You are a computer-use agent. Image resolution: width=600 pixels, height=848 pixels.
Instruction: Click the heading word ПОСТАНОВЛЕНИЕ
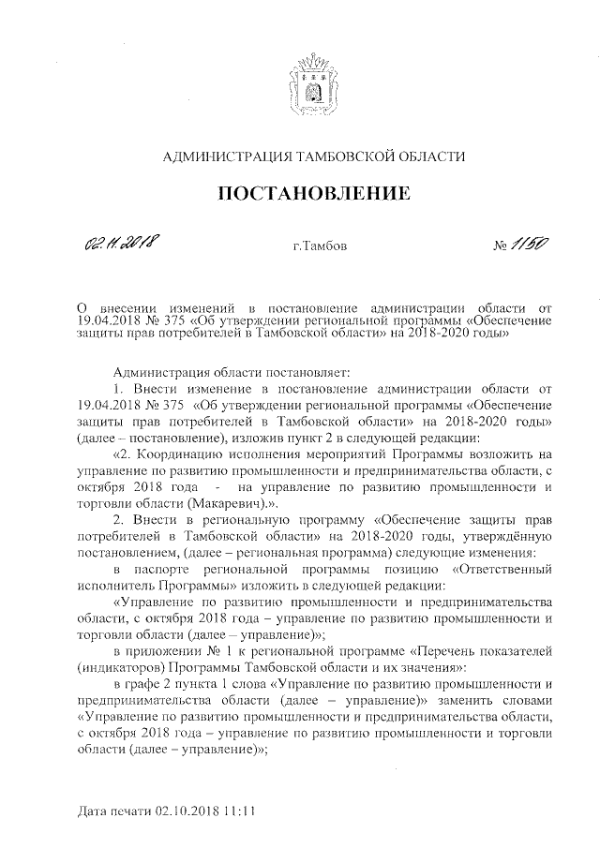coord(314,195)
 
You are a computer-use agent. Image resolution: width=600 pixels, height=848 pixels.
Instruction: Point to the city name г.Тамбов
coord(320,248)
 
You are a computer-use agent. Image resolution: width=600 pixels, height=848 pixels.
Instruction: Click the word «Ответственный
coord(493,568)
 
